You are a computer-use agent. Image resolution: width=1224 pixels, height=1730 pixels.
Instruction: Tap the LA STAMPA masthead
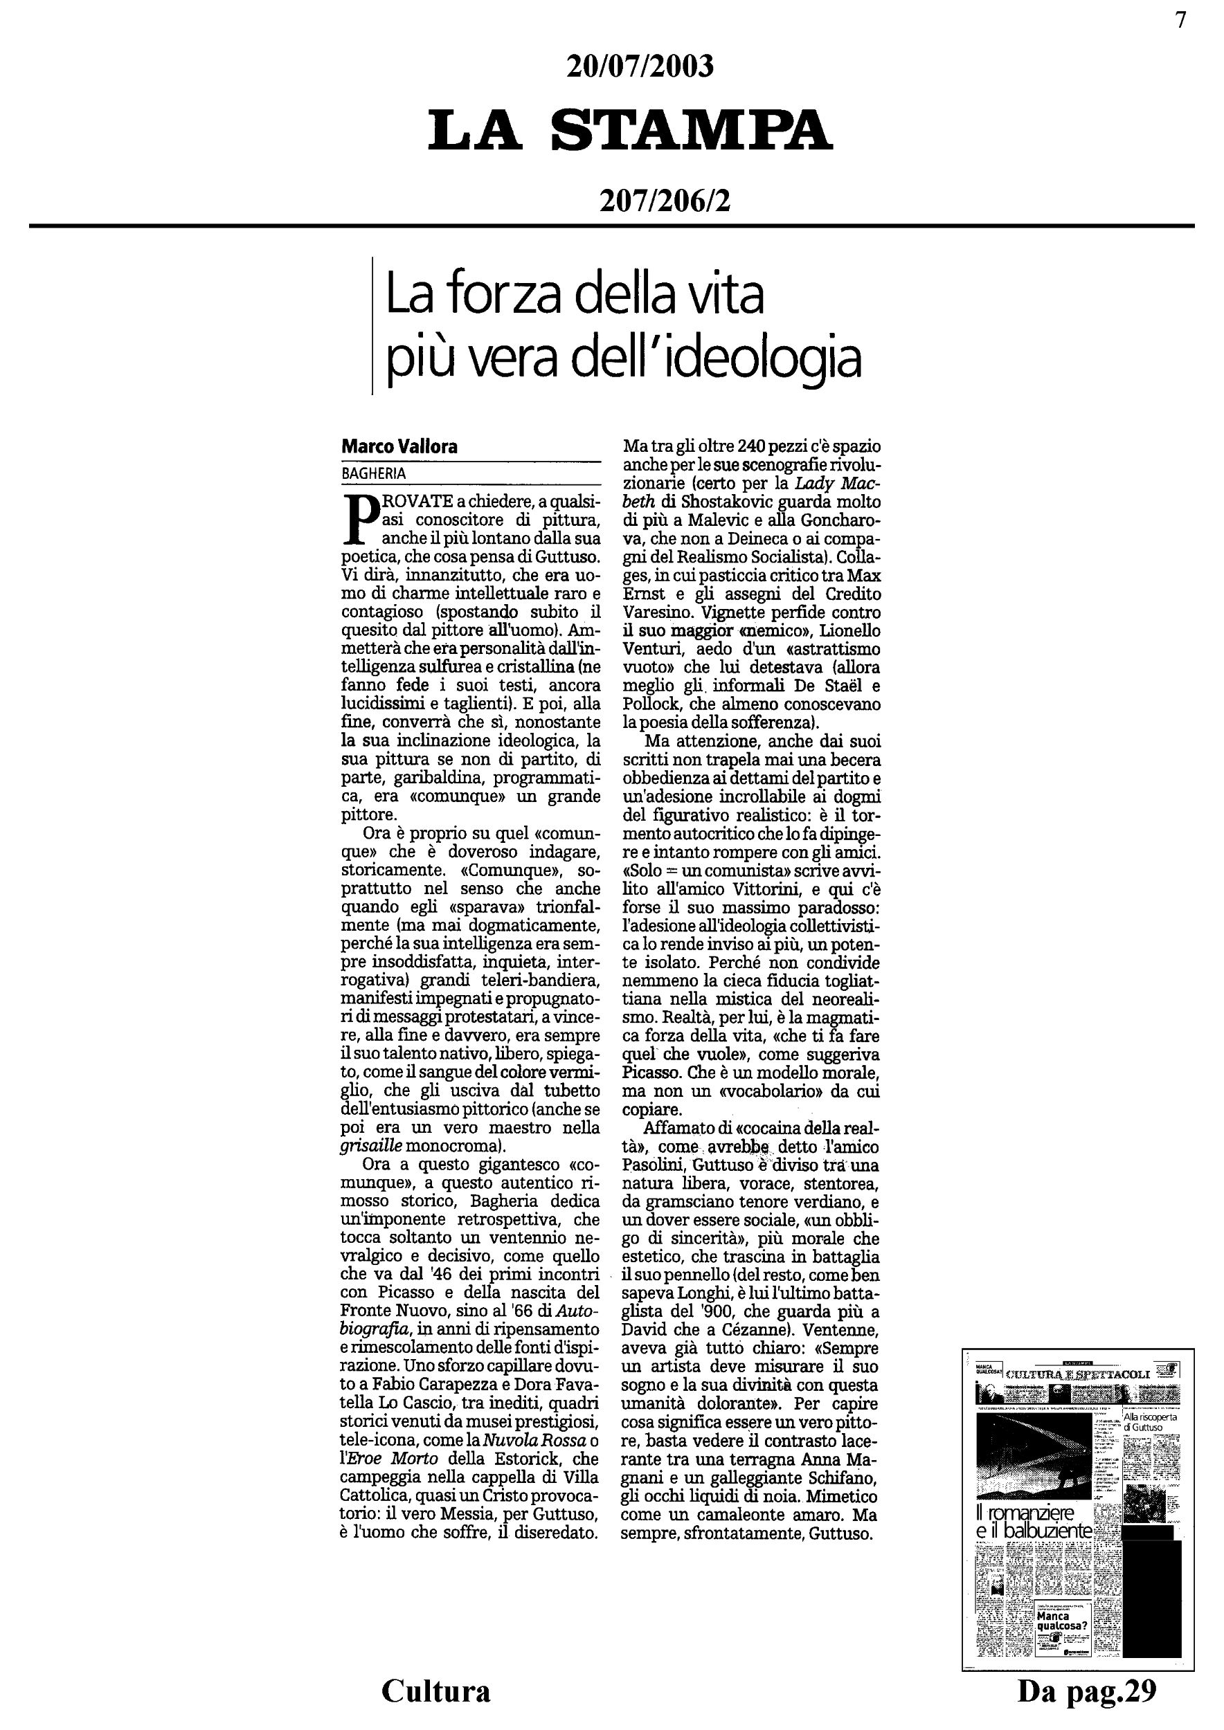630,129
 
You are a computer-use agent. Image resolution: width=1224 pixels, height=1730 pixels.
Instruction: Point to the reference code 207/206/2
665,201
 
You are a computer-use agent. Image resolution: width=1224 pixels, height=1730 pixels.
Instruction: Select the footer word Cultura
435,1690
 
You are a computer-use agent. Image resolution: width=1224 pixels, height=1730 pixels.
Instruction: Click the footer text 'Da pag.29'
1087,1690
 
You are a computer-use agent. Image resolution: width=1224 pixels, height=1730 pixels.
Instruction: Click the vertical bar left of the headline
373,325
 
